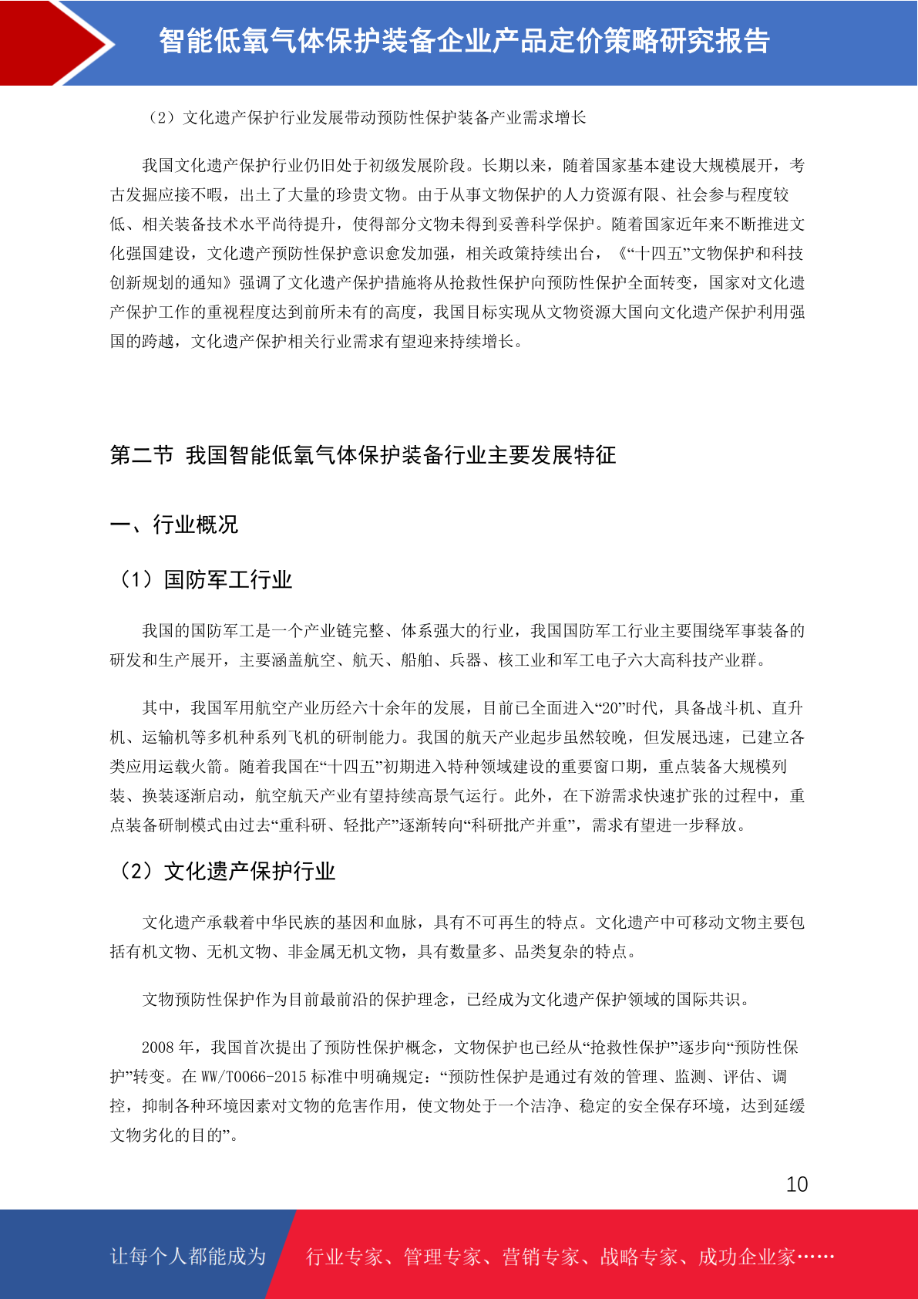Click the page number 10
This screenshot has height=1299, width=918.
pyautogui.click(x=797, y=1184)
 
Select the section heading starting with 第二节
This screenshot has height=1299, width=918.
pyautogui.click(x=362, y=455)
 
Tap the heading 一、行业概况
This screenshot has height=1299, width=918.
pyautogui.click(x=174, y=525)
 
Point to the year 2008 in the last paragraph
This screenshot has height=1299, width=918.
pyautogui.click(x=158, y=1047)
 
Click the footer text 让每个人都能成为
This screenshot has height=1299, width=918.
pyautogui.click(x=188, y=1256)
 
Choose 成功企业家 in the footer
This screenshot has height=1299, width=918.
pyautogui.click(x=747, y=1257)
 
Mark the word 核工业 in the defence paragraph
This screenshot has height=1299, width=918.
pyautogui.click(x=523, y=660)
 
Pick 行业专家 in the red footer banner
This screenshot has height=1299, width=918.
pyautogui.click(x=345, y=1257)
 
